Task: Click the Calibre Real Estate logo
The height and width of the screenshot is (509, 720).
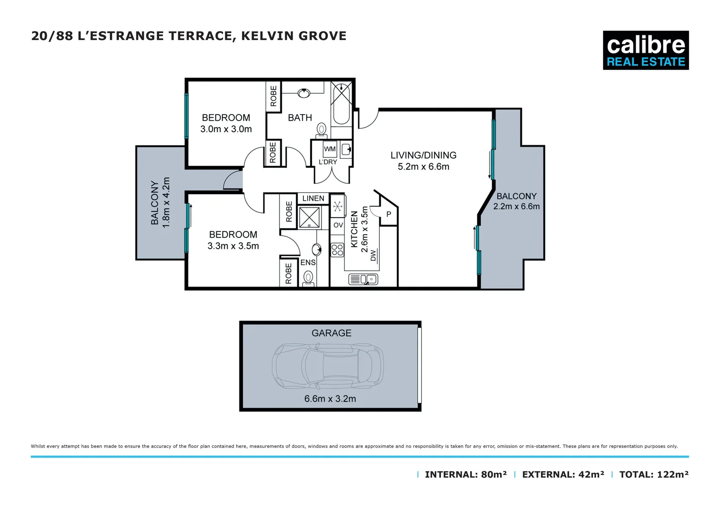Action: tap(646, 50)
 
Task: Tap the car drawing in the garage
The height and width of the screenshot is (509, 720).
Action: tap(328, 366)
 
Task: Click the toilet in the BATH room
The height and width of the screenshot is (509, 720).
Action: tap(322, 130)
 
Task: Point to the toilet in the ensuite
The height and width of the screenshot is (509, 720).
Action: tap(309, 278)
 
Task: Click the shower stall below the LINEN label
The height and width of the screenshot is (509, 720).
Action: tap(310, 217)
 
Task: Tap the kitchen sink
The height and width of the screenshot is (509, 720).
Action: tap(363, 279)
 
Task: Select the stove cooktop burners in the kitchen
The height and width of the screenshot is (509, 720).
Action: tap(337, 250)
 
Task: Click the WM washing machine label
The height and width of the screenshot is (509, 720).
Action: tap(330, 149)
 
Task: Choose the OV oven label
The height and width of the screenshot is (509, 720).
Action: tap(338, 225)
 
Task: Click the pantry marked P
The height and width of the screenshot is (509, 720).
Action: tap(389, 214)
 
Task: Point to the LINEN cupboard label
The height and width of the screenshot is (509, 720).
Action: tap(313, 198)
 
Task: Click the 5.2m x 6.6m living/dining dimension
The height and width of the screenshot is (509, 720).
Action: tap(423, 166)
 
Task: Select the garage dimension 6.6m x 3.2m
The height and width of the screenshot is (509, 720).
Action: tap(330, 399)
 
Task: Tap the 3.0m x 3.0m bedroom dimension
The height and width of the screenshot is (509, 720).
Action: tap(226, 129)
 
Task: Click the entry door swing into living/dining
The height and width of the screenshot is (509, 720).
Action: tap(368, 119)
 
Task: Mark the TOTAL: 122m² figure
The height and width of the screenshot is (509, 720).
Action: tap(654, 475)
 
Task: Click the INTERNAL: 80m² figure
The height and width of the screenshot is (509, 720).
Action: tap(466, 475)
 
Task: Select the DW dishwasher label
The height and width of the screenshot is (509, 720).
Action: tap(374, 255)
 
